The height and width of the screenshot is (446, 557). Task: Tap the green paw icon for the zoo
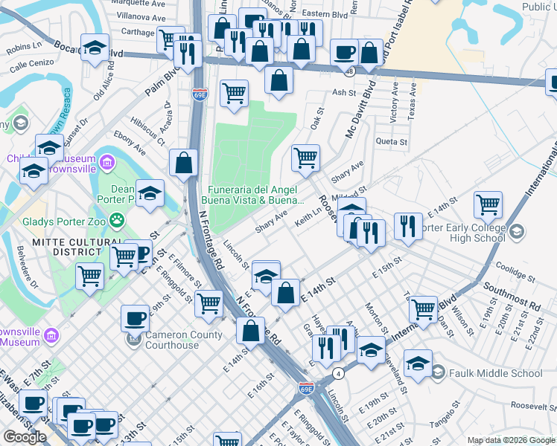click(x=117, y=220)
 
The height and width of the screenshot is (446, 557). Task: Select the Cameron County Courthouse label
click(x=183, y=340)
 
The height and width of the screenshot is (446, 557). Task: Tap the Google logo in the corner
click(x=24, y=437)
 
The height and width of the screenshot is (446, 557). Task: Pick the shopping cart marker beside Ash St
click(x=234, y=93)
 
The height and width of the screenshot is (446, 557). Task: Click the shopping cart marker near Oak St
click(x=305, y=157)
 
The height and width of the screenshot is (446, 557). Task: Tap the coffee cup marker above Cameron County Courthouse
click(x=135, y=317)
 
